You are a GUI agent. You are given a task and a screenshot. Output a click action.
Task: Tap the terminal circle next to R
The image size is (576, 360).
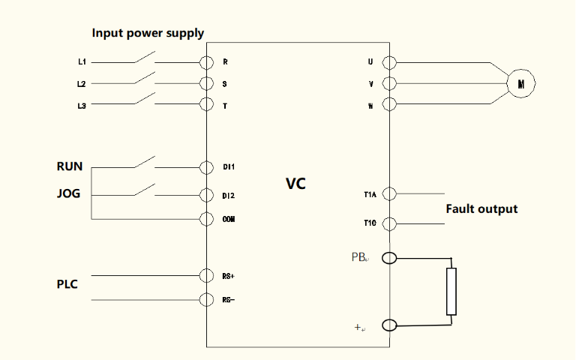(x=206, y=62)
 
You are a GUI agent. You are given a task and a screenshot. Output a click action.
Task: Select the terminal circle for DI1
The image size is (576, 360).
(x=206, y=166)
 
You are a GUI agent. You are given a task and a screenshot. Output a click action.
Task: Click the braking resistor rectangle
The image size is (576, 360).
(x=451, y=291)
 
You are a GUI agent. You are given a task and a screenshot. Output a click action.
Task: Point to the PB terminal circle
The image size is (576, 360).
(x=389, y=259)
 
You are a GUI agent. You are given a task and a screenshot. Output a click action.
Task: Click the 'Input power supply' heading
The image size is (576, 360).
(x=148, y=33)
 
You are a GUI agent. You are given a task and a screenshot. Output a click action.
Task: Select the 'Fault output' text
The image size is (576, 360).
(x=481, y=208)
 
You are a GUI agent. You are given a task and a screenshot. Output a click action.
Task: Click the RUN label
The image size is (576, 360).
(x=70, y=166)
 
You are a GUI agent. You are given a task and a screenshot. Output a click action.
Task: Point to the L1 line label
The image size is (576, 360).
(x=82, y=62)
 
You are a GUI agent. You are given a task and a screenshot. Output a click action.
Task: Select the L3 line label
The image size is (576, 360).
(x=82, y=106)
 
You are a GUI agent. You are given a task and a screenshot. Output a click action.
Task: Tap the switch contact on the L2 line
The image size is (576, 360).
(x=145, y=79)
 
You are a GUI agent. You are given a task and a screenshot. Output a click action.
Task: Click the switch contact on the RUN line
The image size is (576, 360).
(x=145, y=162)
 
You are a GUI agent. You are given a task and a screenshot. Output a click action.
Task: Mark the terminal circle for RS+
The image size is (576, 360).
(x=206, y=276)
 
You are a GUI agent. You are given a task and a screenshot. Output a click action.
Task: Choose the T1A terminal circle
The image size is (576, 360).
(x=389, y=195)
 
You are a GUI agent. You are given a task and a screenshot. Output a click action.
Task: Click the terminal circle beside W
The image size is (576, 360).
(x=389, y=105)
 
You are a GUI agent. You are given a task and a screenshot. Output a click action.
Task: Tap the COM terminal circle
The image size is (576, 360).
(x=206, y=219)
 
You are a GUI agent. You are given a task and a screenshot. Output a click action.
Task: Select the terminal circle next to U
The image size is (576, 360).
(x=389, y=62)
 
